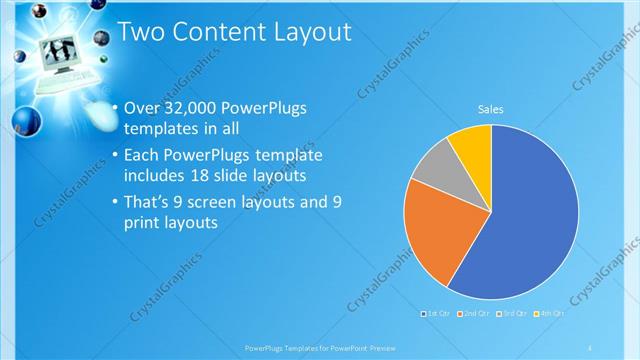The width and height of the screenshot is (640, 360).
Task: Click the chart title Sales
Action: click(x=490, y=109)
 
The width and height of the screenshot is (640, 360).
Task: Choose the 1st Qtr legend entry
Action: click(x=438, y=314)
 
